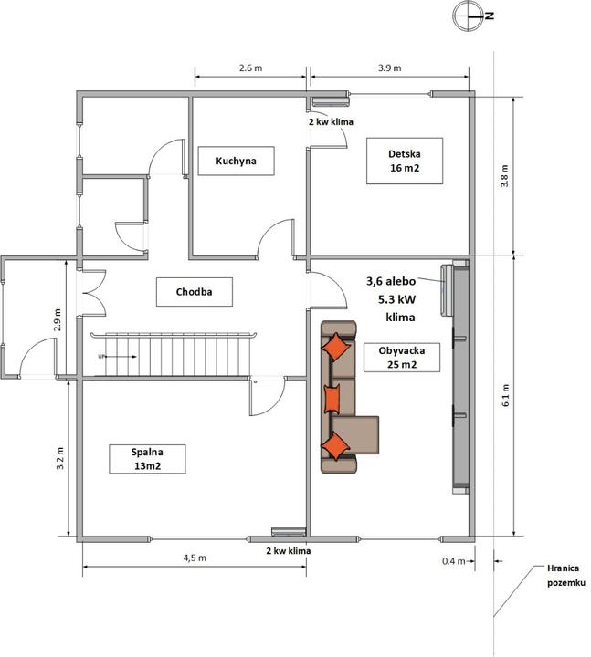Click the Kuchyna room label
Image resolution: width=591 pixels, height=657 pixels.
pyautogui.click(x=237, y=161)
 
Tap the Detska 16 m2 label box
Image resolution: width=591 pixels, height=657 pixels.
pyautogui.click(x=405, y=161)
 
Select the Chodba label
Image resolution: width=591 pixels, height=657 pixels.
pyautogui.click(x=195, y=292)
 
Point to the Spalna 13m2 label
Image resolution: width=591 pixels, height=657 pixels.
pyautogui.click(x=147, y=459)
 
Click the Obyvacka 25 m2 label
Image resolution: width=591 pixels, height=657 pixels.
pyautogui.click(x=402, y=358)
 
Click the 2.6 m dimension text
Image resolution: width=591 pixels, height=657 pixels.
pyautogui.click(x=251, y=68)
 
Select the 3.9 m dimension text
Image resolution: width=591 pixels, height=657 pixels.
pyautogui.click(x=390, y=68)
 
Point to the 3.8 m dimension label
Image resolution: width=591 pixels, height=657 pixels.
pyautogui.click(x=504, y=176)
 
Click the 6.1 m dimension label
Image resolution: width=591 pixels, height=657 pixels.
pyautogui.click(x=505, y=395)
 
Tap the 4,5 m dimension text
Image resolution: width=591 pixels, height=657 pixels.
pyautogui.click(x=195, y=558)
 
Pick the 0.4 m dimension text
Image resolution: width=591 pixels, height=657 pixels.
pyautogui.click(x=454, y=560)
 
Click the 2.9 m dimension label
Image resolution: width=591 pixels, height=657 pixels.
pyautogui.click(x=58, y=319)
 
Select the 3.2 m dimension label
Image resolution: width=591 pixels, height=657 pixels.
pyautogui.click(x=60, y=458)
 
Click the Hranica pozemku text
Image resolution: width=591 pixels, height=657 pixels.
pyautogui.click(x=565, y=575)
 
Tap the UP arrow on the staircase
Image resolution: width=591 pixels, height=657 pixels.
pyautogui.click(x=121, y=357)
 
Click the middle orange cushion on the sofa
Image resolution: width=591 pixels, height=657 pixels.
pyautogui.click(x=332, y=399)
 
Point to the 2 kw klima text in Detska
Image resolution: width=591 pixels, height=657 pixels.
pyautogui.click(x=331, y=122)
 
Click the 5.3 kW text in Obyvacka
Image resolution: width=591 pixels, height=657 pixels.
pyautogui.click(x=396, y=299)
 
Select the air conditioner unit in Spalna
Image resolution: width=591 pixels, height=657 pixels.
pyautogui.click(x=289, y=532)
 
